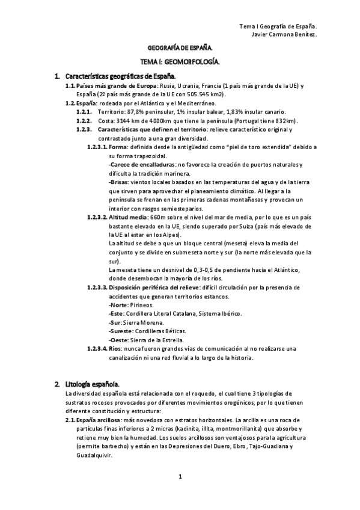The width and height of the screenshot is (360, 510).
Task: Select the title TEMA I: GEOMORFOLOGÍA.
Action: click(180, 61)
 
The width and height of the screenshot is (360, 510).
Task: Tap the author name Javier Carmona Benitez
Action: click(284, 34)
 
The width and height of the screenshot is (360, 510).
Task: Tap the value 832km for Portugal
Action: click(286, 121)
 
